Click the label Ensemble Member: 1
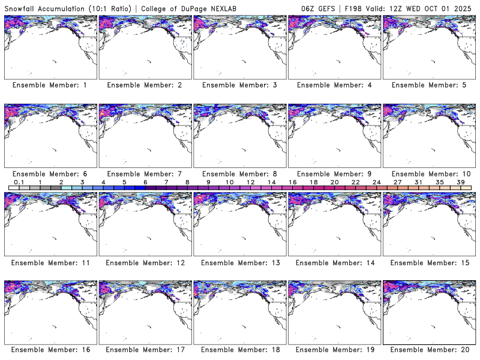coord(49,85)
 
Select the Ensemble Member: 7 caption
coord(144,173)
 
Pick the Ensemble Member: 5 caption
coord(428,85)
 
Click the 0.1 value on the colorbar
coord(19,182)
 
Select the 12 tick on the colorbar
coord(250,182)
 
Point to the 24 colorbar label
coord(376,182)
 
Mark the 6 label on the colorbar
coord(145,182)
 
